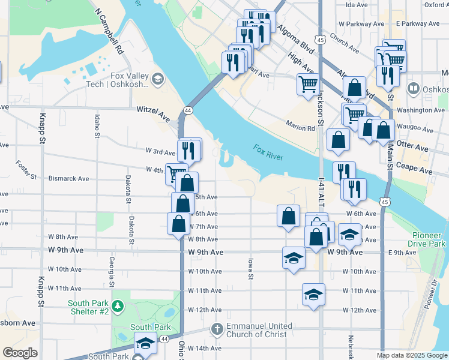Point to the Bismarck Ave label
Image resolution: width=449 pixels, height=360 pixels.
(68, 179)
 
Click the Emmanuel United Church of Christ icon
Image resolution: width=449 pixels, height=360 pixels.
(217, 329)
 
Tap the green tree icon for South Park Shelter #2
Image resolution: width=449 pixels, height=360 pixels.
(118, 307)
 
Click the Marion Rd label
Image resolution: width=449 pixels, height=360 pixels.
(301, 128)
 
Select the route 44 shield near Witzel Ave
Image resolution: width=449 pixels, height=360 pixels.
(188, 110)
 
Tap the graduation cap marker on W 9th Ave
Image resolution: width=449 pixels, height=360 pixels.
(293, 258)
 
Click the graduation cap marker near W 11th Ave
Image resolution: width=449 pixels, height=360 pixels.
(313, 295)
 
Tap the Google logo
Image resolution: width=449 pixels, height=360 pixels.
(20, 353)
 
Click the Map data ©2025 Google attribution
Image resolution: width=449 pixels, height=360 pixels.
(411, 355)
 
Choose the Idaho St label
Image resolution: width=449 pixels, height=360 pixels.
(97, 127)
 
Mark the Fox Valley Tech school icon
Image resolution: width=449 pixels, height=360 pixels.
(157, 79)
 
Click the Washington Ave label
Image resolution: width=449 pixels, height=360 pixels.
(421, 110)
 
